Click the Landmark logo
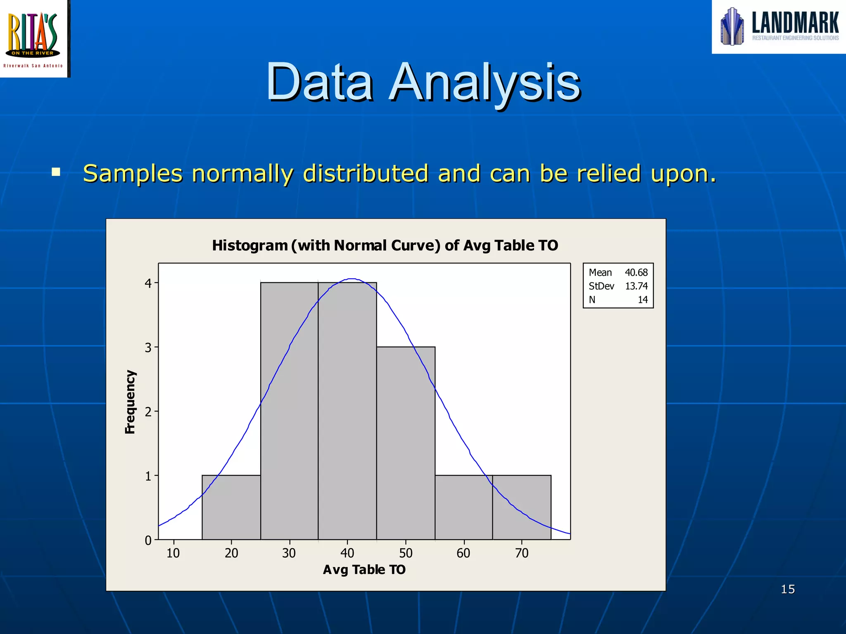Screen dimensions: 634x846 pos(779,27)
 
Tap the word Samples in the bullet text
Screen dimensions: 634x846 pos(133,173)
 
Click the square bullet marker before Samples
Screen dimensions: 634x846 pos(56,172)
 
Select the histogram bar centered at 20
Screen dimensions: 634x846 pos(231,507)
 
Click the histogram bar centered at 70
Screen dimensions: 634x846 pos(522,507)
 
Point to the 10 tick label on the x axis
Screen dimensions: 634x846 pos(173,553)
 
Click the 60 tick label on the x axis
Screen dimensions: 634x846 pos(463,553)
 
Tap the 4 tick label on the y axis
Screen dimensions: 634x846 pos(148,284)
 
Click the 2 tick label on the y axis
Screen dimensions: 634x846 pos(148,412)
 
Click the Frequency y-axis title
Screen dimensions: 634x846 pos(130,402)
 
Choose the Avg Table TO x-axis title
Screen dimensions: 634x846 pos(364,570)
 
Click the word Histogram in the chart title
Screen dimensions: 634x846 pos(250,246)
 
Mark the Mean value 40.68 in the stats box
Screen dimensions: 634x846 pos(636,272)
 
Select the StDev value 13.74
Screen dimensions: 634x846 pos(636,286)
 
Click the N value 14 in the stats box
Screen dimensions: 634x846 pos(643,300)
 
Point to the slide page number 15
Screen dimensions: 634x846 pos(788,589)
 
